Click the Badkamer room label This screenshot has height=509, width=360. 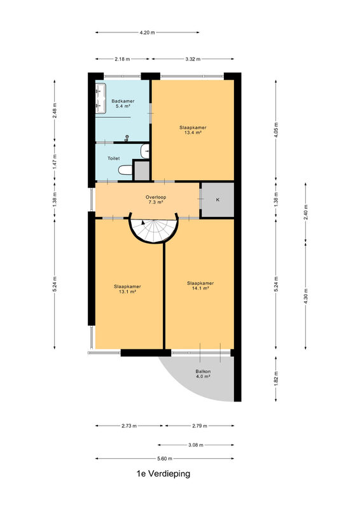coord(123,101)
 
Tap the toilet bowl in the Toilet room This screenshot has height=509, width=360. coord(125,169)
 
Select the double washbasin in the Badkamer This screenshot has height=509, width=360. coord(100,99)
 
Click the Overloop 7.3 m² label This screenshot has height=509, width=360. coord(155,200)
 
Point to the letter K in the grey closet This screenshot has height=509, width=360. coord(218,200)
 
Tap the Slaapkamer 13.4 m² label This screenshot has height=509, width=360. coord(193,130)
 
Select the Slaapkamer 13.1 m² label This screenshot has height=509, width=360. coord(127,289)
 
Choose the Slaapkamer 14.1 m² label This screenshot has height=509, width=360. coord(200,286)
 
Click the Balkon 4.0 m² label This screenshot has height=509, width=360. coord(203,373)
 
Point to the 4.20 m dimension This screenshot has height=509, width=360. coord(147,32)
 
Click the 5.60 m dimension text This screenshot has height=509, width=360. coord(165,458)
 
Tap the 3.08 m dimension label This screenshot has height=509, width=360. coord(196,445)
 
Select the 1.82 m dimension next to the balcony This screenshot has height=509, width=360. coord(276,379)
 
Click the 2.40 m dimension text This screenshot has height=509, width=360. coord(305,213)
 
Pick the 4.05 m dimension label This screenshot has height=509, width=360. coord(276,130)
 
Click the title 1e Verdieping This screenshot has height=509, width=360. coord(163,473)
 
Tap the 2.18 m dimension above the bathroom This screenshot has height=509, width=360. coord(122,59)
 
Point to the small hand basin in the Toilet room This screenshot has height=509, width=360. coord(146,151)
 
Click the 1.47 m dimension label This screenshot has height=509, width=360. coord(55,161)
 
